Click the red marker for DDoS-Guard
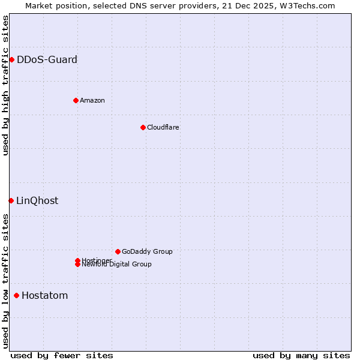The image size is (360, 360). click(11, 59)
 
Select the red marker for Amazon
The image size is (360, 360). click(76, 100)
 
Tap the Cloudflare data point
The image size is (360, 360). click(143, 127)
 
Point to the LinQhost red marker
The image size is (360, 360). click(11, 200)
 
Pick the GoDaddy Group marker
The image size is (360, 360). click(118, 251)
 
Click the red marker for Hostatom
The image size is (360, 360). click(16, 295)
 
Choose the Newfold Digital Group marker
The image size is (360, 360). click(77, 265)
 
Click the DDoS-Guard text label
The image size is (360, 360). click(47, 59)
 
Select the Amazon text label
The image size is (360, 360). click(92, 100)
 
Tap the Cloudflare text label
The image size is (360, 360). click(163, 127)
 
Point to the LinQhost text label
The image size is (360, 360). click(37, 200)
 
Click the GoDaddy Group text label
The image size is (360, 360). click(147, 251)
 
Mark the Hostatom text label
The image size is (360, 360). click(44, 295)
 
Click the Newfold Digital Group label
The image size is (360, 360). click(116, 265)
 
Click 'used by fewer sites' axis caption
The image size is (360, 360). click(62, 355)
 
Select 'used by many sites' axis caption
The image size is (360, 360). click(301, 355)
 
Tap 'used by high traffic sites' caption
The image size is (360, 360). click(6, 85)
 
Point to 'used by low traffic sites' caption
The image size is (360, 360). click(6, 281)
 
